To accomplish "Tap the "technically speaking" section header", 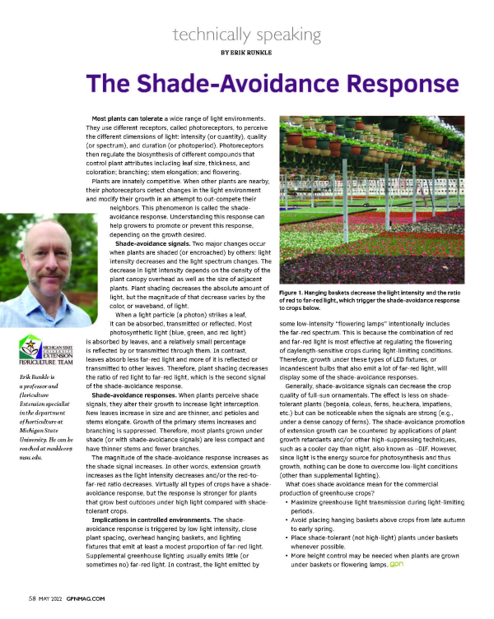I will tap(247, 34).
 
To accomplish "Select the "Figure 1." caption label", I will tap(296, 293).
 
